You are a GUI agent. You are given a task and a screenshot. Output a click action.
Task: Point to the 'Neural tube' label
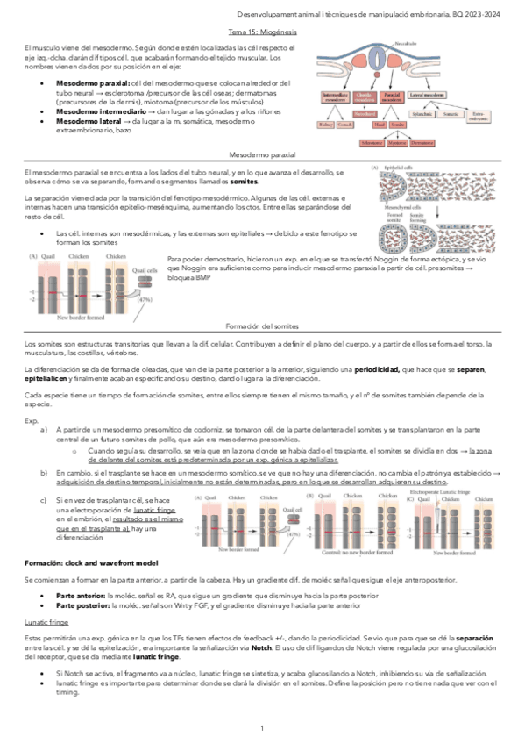[x=405, y=42]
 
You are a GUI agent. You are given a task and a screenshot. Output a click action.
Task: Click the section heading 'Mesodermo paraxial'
[x=262, y=154]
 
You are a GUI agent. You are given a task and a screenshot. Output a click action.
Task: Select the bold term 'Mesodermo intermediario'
[x=94, y=111]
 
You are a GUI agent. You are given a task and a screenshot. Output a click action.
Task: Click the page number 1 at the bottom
[x=262, y=728]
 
